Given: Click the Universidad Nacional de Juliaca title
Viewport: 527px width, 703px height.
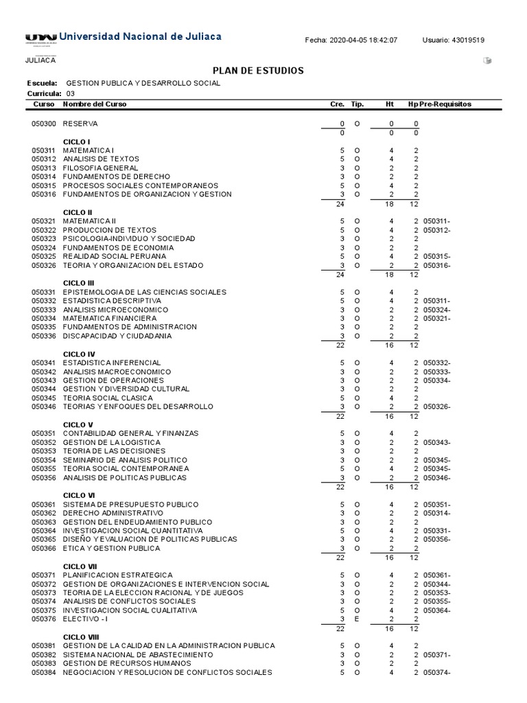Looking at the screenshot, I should coord(140,36).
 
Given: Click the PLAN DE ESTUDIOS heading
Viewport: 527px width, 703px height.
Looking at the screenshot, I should coord(259,71).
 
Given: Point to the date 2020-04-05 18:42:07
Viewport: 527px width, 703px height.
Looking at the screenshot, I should coord(367,41).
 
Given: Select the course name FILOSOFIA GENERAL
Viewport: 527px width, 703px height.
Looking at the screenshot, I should coord(100,168).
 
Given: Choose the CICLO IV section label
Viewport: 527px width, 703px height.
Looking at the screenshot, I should coord(79,354).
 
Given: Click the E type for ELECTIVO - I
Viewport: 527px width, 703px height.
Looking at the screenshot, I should coord(357,619).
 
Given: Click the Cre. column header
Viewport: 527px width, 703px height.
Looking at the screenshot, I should coord(337,104).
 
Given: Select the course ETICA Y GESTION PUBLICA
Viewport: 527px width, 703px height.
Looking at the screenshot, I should coord(111,549).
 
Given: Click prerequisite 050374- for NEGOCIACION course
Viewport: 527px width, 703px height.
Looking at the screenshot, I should coord(437,673).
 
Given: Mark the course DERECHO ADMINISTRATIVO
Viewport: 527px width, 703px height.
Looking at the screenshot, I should coord(113,513).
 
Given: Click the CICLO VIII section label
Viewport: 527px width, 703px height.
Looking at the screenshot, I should coord(80,637).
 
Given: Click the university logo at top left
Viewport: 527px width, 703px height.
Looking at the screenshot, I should coord(40,37).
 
